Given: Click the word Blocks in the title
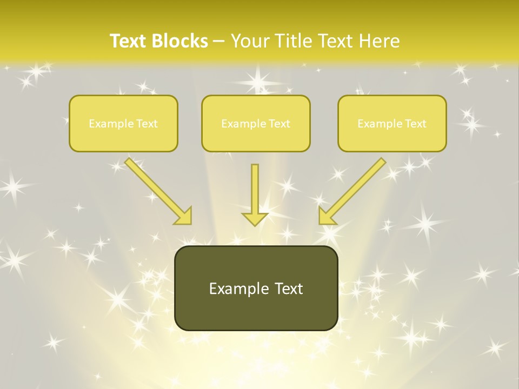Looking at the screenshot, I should [181, 41].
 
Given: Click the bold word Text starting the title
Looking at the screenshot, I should [129, 41].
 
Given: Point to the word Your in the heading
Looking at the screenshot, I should [251, 41].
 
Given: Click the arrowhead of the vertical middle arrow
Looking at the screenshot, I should [255, 219].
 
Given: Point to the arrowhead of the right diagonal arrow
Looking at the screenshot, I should [327, 216].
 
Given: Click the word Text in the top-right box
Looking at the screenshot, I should [416, 124].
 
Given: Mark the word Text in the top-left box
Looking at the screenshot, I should [147, 124].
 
